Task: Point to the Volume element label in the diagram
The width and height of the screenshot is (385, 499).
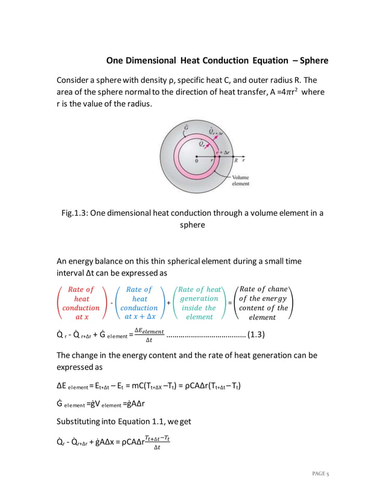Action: [240, 181]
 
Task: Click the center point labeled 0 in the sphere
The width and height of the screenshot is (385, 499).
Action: [197, 161]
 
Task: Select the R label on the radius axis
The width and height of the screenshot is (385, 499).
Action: [235, 161]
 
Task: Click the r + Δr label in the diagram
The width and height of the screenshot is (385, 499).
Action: [223, 153]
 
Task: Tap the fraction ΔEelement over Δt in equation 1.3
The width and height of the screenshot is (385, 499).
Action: [148, 335]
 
